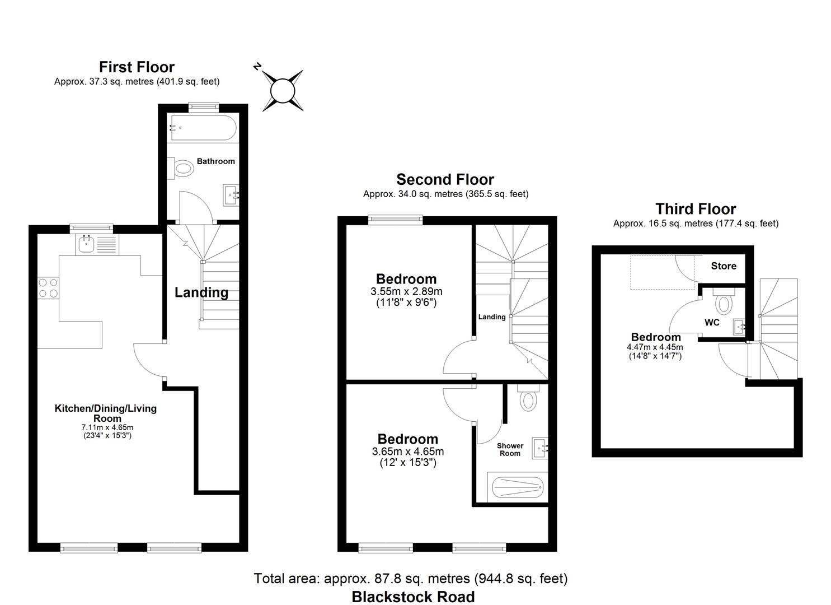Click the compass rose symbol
[x=283, y=90]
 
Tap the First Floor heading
[x=137, y=67]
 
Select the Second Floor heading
[x=445, y=180]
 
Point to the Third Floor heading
[x=696, y=210]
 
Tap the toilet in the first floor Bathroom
[x=181, y=167]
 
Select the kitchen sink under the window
[x=86, y=243]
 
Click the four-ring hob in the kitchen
[x=48, y=288]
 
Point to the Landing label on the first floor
[x=201, y=292]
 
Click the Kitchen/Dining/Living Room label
[x=105, y=413]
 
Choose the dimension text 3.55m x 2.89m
[x=406, y=291]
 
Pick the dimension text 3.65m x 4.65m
[x=407, y=452]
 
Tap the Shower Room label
[x=510, y=449]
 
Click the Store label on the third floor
[x=724, y=266]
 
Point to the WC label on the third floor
[x=712, y=323]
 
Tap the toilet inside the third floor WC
[x=724, y=302]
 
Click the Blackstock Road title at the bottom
[x=413, y=597]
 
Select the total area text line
[x=411, y=578]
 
